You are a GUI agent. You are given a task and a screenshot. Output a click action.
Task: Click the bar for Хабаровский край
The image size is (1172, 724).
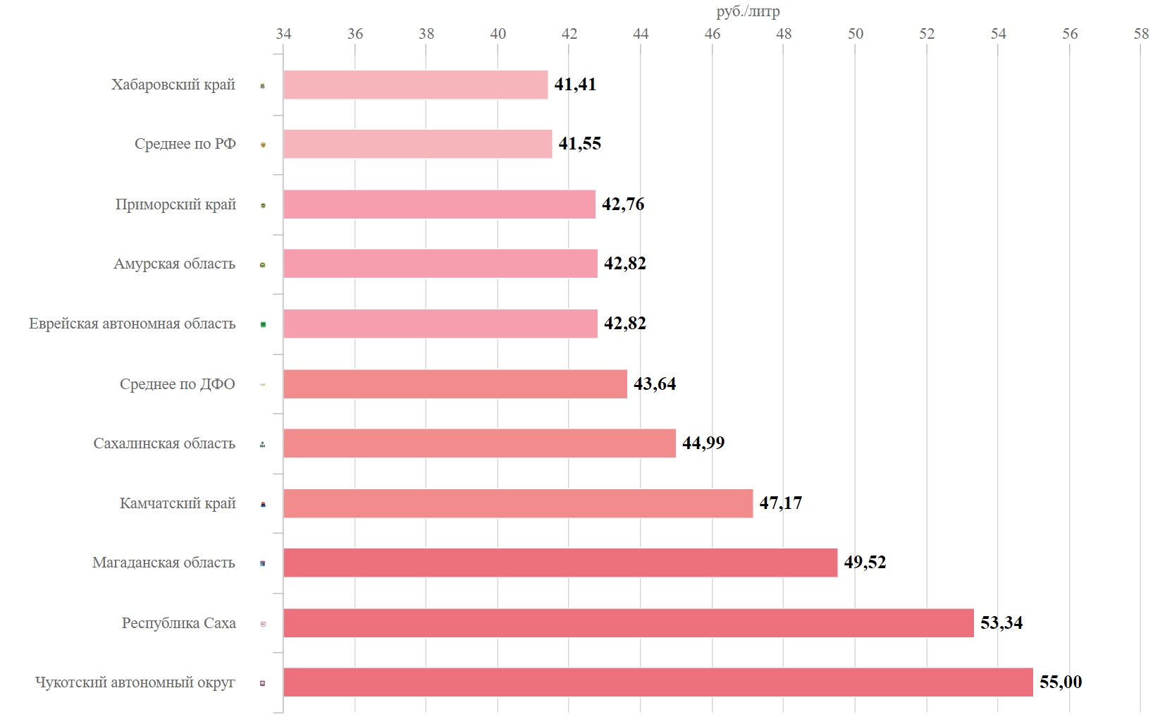pos(415,85)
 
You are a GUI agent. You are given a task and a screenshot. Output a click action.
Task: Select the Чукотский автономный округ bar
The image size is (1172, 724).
pos(658,682)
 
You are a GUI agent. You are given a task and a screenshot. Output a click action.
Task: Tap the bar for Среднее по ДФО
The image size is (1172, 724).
pos(455,384)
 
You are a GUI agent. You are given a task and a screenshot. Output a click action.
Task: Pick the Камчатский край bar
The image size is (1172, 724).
pos(518,503)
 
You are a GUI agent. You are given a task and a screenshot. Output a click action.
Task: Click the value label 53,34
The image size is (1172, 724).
pos(1001,622)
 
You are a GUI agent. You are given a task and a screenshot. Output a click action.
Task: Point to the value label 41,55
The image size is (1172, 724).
pos(579,144)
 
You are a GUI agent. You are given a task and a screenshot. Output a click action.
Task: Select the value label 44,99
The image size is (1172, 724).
pos(703,443)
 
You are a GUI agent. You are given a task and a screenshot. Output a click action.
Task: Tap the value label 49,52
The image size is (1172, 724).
pos(865,562)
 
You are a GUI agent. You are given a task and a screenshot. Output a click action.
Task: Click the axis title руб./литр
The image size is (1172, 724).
pos(748,11)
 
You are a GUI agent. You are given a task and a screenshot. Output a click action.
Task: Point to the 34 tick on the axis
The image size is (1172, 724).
pos(283,34)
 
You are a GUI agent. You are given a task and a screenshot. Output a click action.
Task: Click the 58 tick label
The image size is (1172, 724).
pos(1141,34)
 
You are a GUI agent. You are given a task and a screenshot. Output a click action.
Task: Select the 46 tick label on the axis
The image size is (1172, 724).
pos(713,34)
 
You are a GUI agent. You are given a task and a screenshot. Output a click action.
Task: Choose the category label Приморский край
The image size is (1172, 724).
pos(175,204)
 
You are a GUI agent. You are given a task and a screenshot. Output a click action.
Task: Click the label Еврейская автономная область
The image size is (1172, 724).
pos(132,324)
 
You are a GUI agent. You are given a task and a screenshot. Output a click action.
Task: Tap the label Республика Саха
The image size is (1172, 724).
pos(178,623)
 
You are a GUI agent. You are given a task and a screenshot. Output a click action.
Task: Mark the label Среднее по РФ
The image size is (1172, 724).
pos(185,144)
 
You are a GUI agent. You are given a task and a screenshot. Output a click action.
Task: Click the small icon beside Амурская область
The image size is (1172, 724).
pos(263,265)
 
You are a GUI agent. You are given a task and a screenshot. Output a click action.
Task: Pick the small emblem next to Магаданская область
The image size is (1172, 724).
pos(263,563)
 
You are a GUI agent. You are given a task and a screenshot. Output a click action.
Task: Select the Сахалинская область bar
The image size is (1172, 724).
pos(479,443)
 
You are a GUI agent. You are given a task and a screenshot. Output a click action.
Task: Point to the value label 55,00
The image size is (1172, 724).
pos(1061,682)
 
